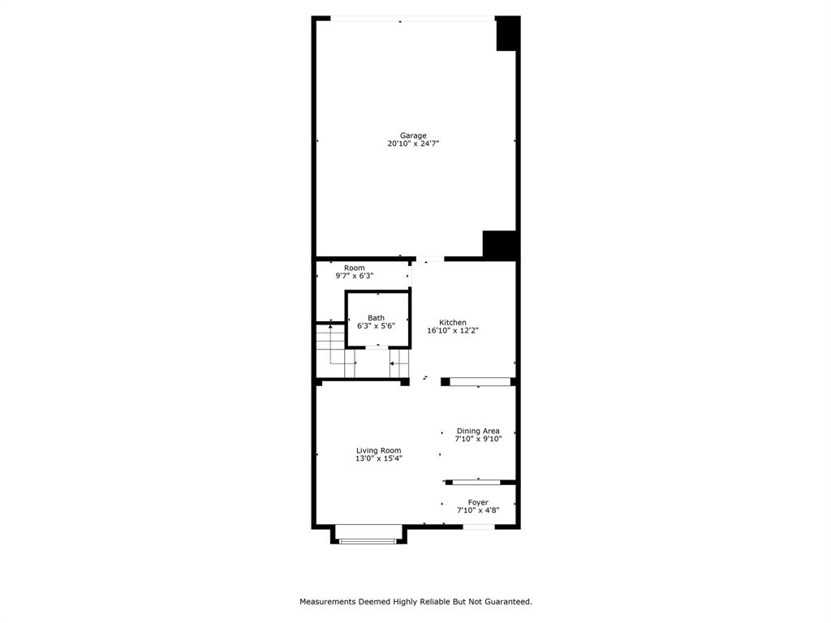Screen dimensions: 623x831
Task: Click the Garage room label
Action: click(x=412, y=135)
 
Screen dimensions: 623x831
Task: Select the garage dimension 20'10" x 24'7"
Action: click(x=412, y=144)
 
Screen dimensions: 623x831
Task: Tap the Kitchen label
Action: click(x=453, y=322)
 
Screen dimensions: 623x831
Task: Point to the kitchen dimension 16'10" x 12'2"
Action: click(x=453, y=331)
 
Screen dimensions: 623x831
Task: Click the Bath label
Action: click(x=376, y=318)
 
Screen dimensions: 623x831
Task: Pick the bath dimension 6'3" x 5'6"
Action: click(x=376, y=326)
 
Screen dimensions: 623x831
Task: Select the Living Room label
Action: click(x=378, y=450)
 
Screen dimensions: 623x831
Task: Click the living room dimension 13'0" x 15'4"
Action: click(x=378, y=458)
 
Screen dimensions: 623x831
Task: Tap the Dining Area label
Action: click(x=478, y=431)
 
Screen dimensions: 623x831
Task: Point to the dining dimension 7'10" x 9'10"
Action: click(x=478, y=439)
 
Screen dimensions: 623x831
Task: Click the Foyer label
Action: click(x=478, y=502)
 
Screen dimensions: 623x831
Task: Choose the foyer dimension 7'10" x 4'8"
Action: click(x=478, y=510)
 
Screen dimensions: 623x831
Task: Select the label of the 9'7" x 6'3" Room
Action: click(x=354, y=268)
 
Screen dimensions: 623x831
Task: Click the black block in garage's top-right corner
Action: click(x=507, y=34)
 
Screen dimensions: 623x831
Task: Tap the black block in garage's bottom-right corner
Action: click(x=500, y=245)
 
